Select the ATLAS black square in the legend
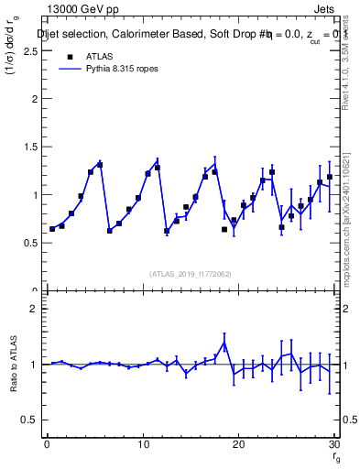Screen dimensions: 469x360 [x=69, y=56]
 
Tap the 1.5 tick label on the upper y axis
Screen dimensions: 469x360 [x=31, y=147]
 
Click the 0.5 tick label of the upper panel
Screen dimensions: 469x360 [x=31, y=243]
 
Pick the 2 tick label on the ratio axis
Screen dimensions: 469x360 [x=36, y=309]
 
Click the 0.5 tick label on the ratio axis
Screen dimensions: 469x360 [x=31, y=420]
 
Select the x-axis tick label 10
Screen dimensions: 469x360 [x=143, y=444]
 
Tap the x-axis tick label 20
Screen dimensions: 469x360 [x=239, y=444]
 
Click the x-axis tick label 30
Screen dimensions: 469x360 [x=334, y=444]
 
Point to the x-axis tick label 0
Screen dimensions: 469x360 [x=47, y=444]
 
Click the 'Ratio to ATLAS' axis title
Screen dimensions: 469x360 [x=14, y=365]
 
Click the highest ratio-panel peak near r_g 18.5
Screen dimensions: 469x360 [x=224, y=344]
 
